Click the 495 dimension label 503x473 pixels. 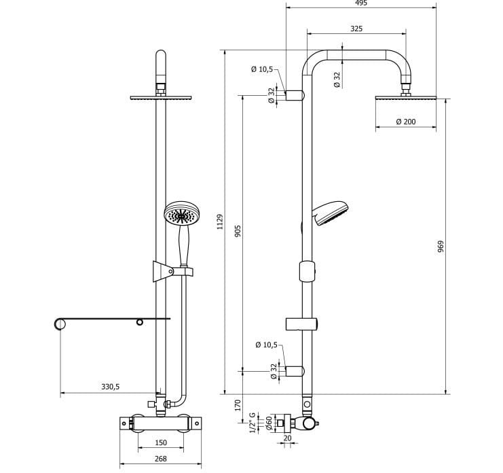[x=360, y=3]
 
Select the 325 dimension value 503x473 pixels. [x=356, y=29]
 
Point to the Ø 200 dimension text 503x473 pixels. [x=405, y=122]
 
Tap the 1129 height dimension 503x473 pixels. [x=219, y=222]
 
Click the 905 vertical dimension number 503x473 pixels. [x=238, y=230]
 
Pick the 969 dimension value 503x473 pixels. [x=441, y=247]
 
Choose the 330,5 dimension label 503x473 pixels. [x=111, y=386]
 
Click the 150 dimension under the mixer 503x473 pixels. [x=161, y=442]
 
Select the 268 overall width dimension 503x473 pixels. [x=160, y=459]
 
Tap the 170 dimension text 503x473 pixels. [x=238, y=405]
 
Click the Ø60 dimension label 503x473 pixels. [x=269, y=423]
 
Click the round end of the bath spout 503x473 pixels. [x=60, y=323]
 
